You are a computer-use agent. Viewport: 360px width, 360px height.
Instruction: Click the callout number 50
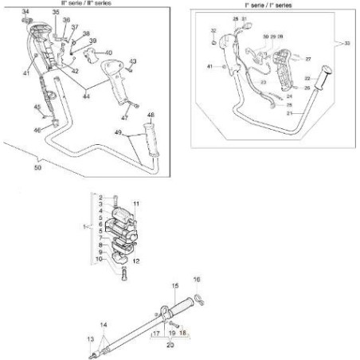[37, 170]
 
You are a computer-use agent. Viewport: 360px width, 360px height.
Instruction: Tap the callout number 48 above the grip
[151, 115]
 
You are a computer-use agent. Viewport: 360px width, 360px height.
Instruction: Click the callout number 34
[25, 11]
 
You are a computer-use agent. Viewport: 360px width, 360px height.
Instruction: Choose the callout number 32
[213, 30]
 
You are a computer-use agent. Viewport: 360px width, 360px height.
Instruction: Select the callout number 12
[136, 261]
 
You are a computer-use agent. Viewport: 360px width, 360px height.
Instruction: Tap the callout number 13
[90, 339]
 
